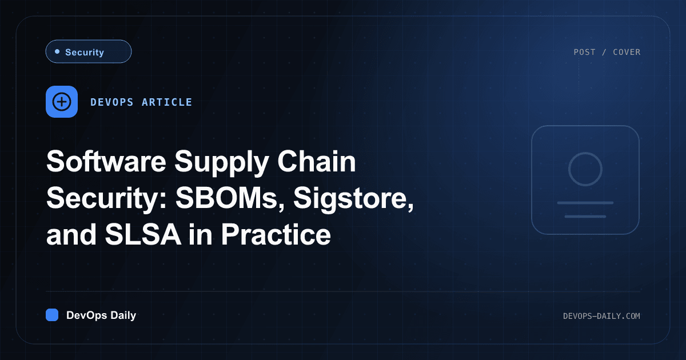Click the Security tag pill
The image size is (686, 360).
tap(89, 51)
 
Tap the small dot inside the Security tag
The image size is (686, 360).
tap(57, 51)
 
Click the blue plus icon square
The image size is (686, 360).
tap(62, 102)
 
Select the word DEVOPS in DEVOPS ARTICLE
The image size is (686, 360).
tap(112, 102)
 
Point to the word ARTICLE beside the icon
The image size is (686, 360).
tap(167, 102)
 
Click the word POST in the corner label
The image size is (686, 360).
tap(584, 53)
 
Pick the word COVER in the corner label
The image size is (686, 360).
tap(627, 53)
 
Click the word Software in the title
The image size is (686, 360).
tap(106, 161)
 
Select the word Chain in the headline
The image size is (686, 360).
tap(317, 161)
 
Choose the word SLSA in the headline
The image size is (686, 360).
tap(143, 234)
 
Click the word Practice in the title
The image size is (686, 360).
tap(276, 234)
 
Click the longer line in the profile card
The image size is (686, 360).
tap(585, 203)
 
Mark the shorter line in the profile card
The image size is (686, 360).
tap(585, 217)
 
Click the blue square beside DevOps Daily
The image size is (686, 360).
tap(52, 315)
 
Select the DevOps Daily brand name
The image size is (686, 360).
tap(101, 315)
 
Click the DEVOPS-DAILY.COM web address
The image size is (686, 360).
tap(601, 316)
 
